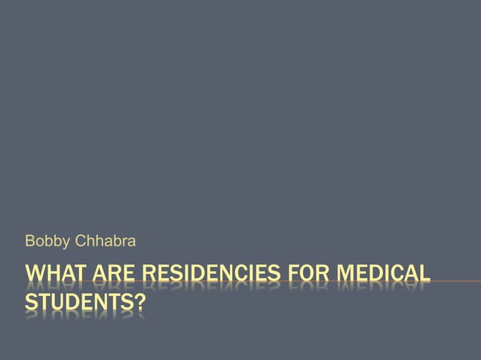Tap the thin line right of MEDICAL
[456, 282]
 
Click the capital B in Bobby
[30, 241]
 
